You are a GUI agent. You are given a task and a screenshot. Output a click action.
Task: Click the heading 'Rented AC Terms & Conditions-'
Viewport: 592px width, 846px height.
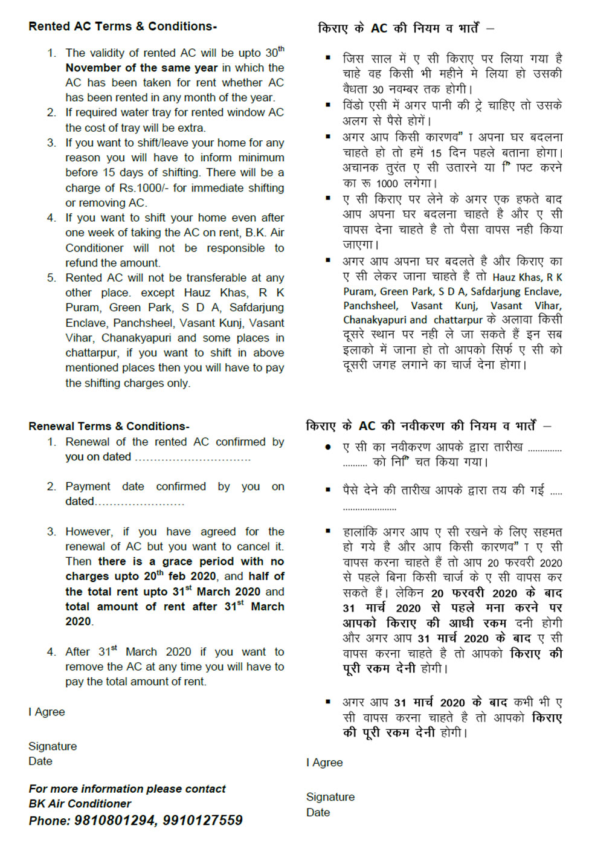pyautogui.click(x=123, y=27)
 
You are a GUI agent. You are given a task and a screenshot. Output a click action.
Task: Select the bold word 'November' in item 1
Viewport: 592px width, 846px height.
pyautogui.click(x=94, y=68)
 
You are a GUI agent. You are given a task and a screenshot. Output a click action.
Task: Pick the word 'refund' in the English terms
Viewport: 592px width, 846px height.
pyautogui.click(x=83, y=263)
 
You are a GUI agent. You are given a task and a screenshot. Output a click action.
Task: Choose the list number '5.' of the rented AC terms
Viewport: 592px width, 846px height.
pyautogui.click(x=52, y=278)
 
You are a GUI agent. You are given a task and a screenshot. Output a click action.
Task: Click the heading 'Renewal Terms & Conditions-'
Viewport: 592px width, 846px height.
pyautogui.click(x=109, y=426)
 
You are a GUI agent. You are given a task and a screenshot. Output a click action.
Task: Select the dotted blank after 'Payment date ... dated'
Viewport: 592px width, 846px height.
pyautogui.click(x=140, y=502)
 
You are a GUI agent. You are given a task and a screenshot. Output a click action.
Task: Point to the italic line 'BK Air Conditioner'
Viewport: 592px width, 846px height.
pyautogui.click(x=80, y=804)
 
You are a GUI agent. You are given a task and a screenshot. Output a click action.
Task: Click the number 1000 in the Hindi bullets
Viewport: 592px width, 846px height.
pyautogui.click(x=387, y=184)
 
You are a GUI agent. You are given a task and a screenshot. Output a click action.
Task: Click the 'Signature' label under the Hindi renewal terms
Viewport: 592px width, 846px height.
pyautogui.click(x=330, y=797)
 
